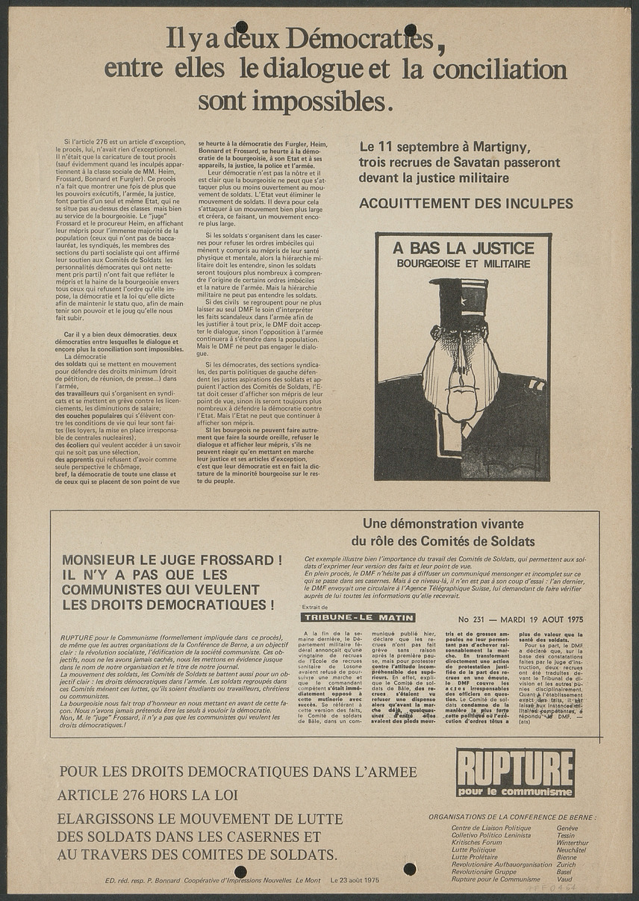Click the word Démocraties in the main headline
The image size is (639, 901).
coord(359,37)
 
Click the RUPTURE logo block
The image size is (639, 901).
coord(515,772)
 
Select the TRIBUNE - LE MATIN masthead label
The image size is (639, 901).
coord(358,617)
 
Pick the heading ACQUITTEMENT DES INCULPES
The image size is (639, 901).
coord(466,203)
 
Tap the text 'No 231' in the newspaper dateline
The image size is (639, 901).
coord(473,619)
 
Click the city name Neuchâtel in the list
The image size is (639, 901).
coord(571,850)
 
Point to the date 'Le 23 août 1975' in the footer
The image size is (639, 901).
coord(355,880)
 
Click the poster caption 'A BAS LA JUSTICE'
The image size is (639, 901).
coord(464,249)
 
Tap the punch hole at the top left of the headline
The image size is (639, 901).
coord(241,27)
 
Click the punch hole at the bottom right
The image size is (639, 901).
coord(410,868)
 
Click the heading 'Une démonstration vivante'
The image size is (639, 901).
coord(443,524)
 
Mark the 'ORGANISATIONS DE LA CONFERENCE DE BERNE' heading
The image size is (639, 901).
coord(512,817)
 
